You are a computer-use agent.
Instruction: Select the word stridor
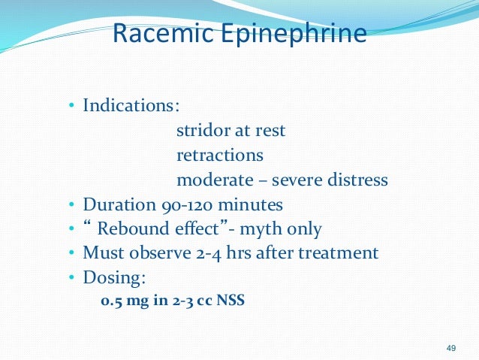(x=200, y=131)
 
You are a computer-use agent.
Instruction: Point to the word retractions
(x=220, y=156)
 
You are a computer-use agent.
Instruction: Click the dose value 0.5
(x=110, y=302)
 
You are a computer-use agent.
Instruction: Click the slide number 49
(x=451, y=347)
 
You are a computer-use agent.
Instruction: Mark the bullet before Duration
(x=71, y=204)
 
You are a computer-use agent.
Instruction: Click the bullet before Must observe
(x=71, y=253)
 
